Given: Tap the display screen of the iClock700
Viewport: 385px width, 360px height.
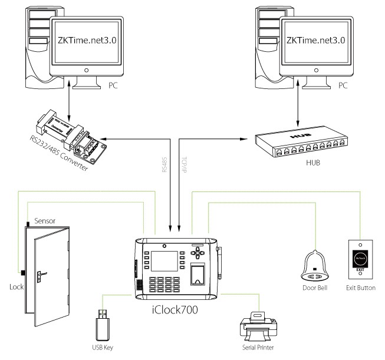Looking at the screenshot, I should click(x=162, y=259).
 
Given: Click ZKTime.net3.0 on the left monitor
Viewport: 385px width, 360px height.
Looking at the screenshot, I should click(x=94, y=39).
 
